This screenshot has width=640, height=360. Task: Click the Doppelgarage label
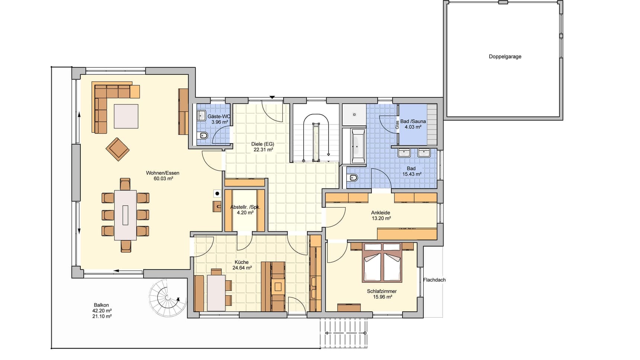(x=505, y=57)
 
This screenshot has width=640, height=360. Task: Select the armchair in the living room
(x=118, y=149)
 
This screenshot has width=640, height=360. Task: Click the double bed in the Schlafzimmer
(x=382, y=262)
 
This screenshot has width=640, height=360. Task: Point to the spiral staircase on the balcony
(x=168, y=298)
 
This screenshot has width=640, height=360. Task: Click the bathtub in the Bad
(x=358, y=146)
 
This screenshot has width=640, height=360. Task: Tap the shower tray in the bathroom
(x=354, y=115)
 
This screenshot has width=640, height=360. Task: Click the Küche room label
(x=242, y=262)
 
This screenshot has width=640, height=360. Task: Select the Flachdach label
(x=434, y=280)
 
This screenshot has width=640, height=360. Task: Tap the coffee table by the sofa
(x=126, y=116)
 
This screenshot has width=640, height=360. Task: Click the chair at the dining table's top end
(x=125, y=184)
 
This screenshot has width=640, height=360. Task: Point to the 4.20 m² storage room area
(x=245, y=213)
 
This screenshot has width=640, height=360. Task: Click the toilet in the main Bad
(x=353, y=178)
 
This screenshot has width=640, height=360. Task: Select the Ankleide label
(x=381, y=213)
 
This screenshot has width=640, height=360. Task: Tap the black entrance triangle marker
(x=272, y=97)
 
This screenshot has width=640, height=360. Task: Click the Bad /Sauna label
(x=413, y=121)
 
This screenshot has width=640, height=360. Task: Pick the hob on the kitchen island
(x=278, y=286)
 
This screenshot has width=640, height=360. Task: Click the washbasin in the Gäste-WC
(x=201, y=115)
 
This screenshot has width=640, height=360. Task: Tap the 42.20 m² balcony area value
(x=102, y=311)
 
